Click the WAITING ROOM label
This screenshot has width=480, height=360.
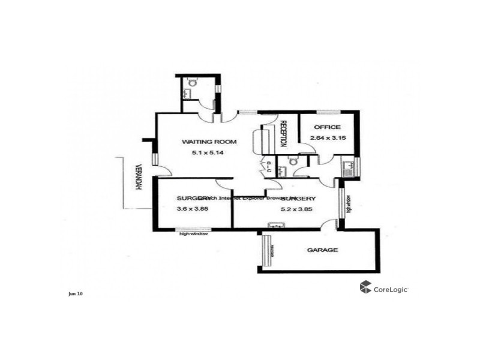pyautogui.click(x=209, y=142)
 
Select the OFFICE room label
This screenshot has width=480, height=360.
pyautogui.click(x=326, y=127)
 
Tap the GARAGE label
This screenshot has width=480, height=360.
pyautogui.click(x=322, y=250)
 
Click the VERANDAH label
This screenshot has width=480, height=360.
pyautogui.click(x=139, y=178)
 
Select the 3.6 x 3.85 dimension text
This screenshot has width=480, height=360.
pyautogui.click(x=191, y=209)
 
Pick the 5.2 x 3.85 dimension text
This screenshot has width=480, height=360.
pyautogui.click(x=298, y=209)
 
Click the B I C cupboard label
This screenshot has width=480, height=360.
pyautogui.click(x=269, y=167)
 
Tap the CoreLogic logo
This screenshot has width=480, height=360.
pyautogui.click(x=384, y=288)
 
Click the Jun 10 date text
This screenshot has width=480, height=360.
pyautogui.click(x=76, y=293)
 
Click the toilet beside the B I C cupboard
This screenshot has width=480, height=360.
pyautogui.click(x=293, y=161)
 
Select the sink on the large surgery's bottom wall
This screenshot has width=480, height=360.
pyautogui.click(x=276, y=226)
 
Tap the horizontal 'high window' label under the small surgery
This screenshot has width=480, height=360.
pyautogui.click(x=194, y=234)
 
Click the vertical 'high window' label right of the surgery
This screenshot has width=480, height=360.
pyautogui.click(x=349, y=205)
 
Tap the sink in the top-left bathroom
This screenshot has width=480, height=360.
pyautogui.click(x=188, y=93)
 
